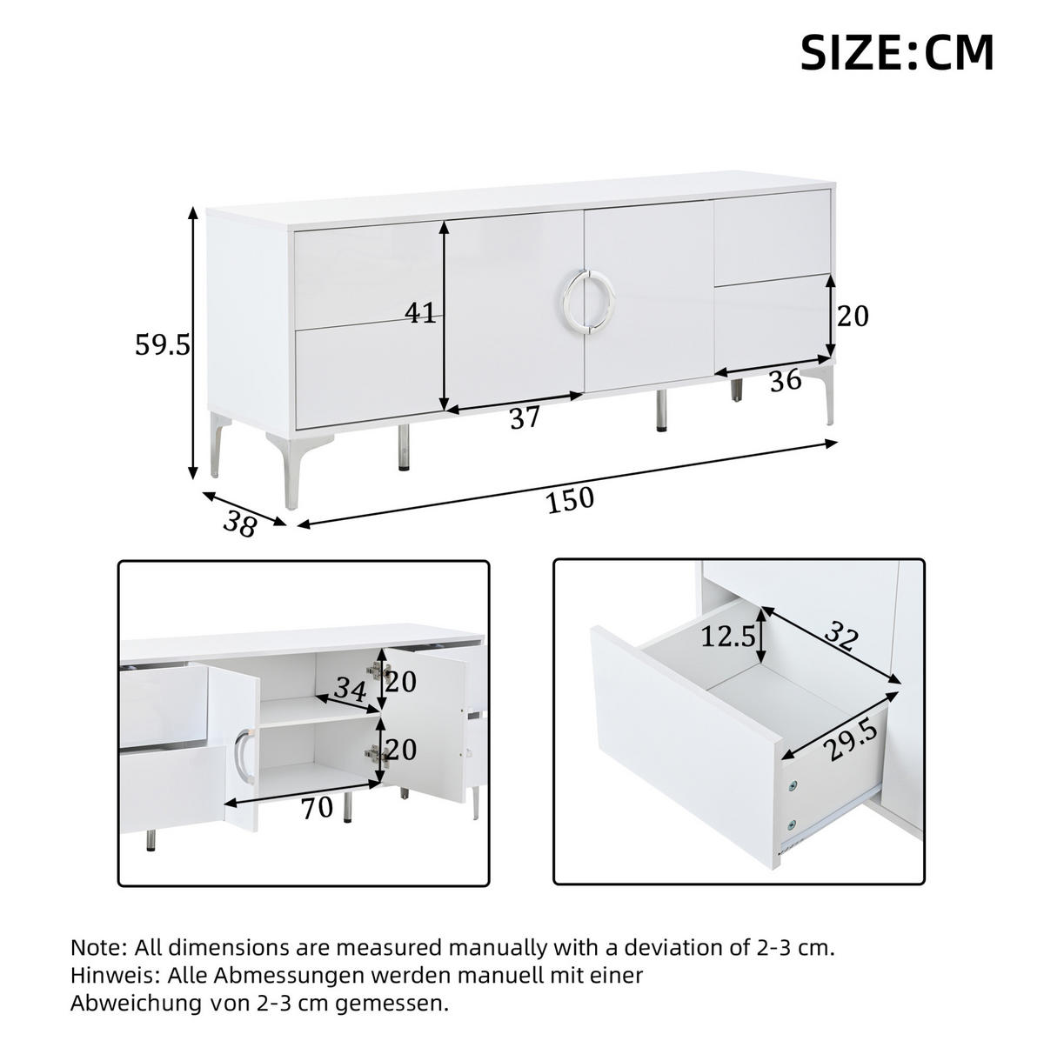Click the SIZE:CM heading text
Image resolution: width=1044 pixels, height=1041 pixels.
point(897,52)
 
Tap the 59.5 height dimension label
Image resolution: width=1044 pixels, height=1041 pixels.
point(163,345)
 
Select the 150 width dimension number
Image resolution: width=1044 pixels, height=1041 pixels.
point(569,499)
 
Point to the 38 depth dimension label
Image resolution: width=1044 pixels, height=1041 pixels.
point(239,524)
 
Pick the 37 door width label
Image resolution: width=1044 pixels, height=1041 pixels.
point(525,417)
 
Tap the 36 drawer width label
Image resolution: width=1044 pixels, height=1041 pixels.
point(785,380)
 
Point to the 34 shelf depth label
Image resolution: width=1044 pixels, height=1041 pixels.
point(350,689)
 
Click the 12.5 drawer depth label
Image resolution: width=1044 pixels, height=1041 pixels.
point(728,637)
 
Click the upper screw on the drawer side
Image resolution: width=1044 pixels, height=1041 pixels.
point(793,785)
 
